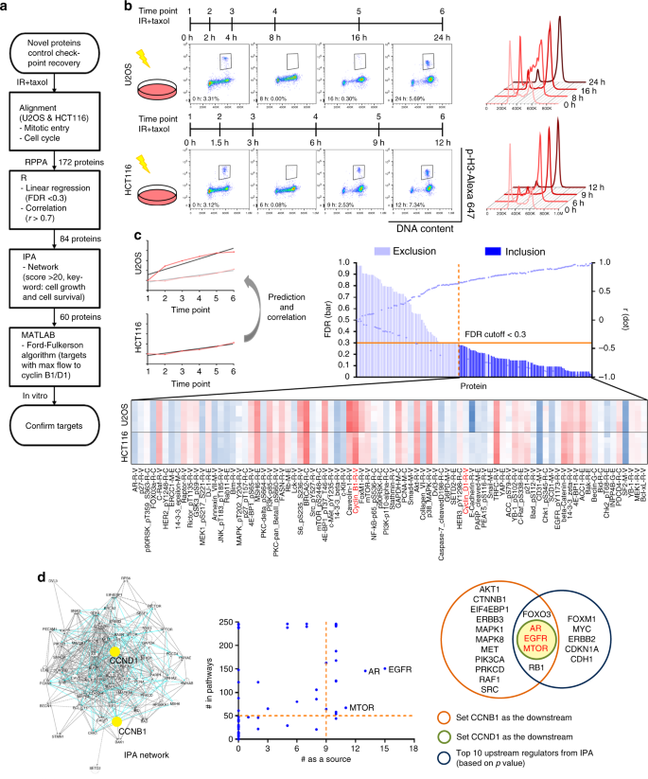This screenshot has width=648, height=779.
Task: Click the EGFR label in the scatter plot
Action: (401, 669)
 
